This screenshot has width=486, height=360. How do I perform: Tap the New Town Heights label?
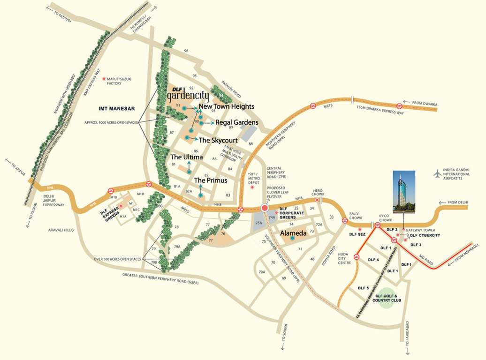pos(227,106)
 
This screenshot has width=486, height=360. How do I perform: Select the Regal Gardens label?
pos(237,122)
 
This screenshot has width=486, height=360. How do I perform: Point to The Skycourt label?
pos(219,140)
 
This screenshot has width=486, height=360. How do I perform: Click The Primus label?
pos(211,180)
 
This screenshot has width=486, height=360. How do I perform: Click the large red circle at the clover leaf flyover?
pos(265,208)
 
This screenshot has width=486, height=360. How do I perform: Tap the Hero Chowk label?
pos(319,193)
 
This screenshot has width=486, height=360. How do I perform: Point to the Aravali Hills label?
pos(61,230)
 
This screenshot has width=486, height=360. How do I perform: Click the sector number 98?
pos(186,51)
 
